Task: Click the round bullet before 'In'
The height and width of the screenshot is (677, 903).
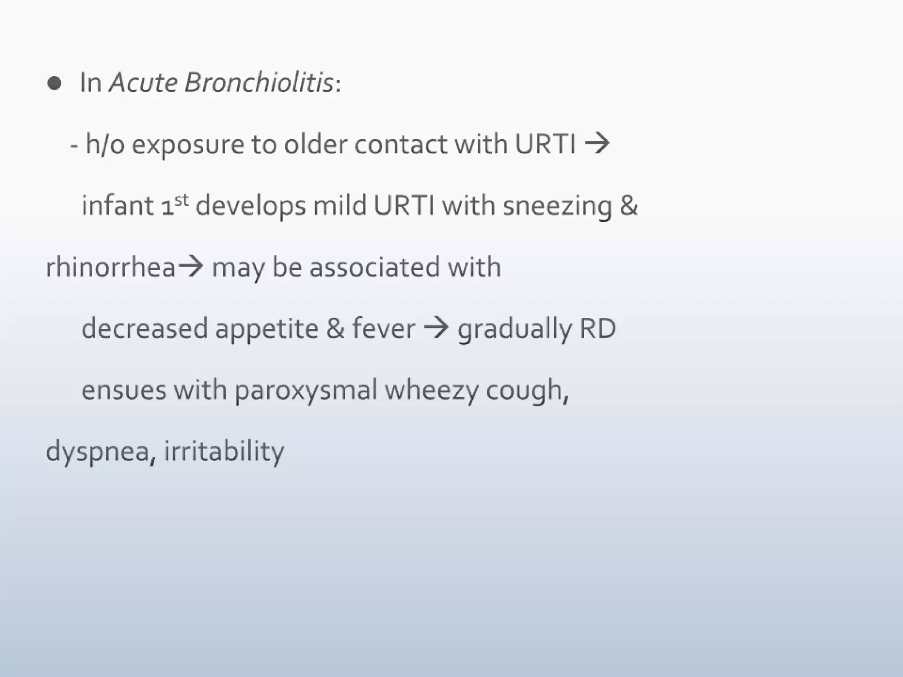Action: coord(54,83)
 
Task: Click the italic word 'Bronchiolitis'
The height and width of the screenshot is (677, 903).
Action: coord(259,82)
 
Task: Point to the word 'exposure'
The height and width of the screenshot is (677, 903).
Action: coord(188,145)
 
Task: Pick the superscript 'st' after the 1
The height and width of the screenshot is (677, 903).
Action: coord(181,201)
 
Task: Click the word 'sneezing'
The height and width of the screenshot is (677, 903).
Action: coord(557,206)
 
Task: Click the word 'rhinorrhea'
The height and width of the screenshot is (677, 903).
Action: coord(111,267)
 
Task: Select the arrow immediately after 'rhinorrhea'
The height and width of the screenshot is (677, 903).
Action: coord(190,267)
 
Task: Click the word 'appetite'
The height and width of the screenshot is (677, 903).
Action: coord(267,329)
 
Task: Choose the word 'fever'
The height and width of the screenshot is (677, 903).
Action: coord(383,328)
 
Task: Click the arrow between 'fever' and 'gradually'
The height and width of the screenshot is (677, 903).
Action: coord(436,328)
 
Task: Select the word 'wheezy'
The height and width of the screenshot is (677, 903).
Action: coord(432,391)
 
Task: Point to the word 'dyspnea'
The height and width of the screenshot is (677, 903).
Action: coord(97,452)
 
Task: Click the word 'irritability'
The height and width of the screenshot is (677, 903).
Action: coord(224,451)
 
